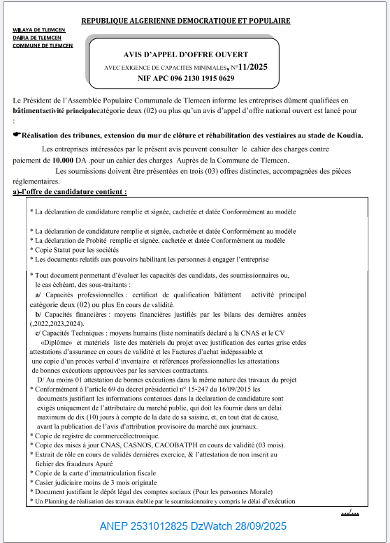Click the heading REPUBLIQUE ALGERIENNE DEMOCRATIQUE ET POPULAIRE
pyautogui.click(x=186, y=21)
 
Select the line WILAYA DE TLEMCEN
pyautogui.click(x=37, y=30)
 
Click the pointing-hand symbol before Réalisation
pyautogui.click(x=17, y=135)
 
